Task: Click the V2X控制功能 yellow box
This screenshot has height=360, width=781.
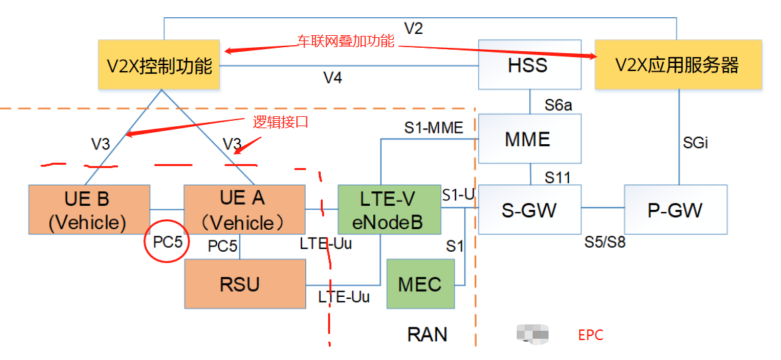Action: [x=159, y=65]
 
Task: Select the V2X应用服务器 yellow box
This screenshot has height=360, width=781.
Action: [x=677, y=65]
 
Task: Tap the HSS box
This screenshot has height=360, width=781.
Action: [x=529, y=65]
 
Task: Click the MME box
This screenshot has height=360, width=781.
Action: [x=529, y=139]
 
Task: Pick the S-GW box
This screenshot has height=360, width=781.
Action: [x=529, y=210]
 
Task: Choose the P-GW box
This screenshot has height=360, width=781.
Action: [x=675, y=210]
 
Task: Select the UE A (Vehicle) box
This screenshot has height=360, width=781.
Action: [x=243, y=210]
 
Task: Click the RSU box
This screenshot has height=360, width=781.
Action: [x=244, y=284]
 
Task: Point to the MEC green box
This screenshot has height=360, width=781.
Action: [x=420, y=284]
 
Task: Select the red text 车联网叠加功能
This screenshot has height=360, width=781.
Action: [x=345, y=42]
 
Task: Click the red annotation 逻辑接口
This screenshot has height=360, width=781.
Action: [x=282, y=122]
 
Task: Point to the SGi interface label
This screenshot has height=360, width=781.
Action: [x=696, y=142]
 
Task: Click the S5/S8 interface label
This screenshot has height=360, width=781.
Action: [x=604, y=242]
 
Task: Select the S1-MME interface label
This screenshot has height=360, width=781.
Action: [x=434, y=128]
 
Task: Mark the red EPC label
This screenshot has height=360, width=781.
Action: [x=590, y=335]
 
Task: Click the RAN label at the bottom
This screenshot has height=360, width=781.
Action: [x=428, y=334]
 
